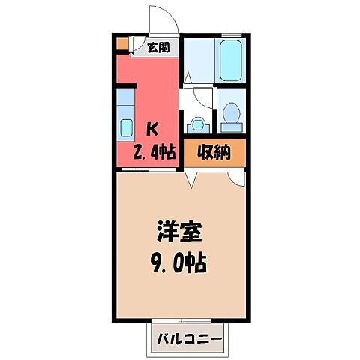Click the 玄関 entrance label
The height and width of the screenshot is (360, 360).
pyautogui.click(x=158, y=49)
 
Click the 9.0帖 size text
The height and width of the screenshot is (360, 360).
pyautogui.click(x=180, y=264)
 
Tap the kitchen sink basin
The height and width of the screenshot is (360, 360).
pyautogui.click(x=124, y=124)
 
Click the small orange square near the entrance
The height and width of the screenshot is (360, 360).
pyautogui.click(x=122, y=43)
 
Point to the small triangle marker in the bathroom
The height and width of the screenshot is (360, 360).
pyautogui.click(x=187, y=77)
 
